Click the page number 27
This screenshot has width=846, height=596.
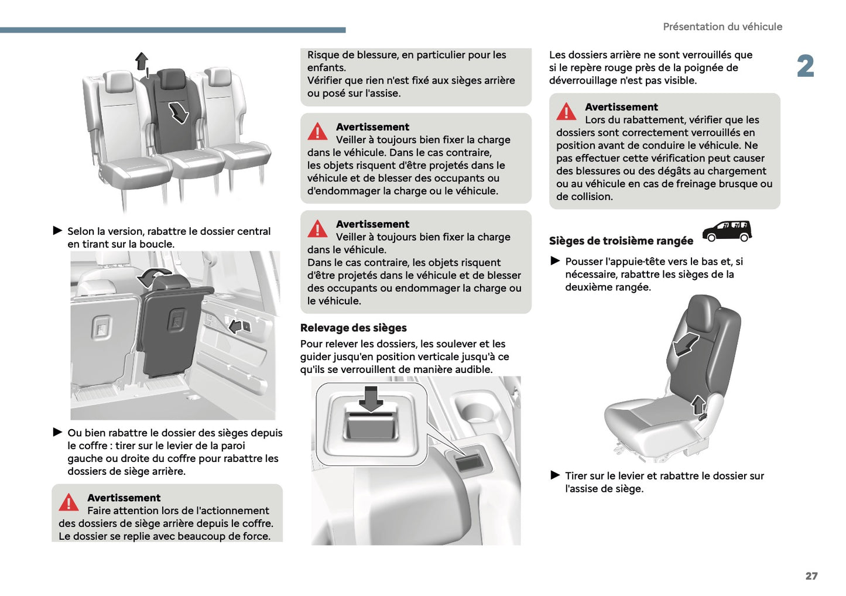[x=811, y=576]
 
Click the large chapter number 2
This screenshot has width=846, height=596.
[x=806, y=66]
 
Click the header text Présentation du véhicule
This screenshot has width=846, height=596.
[x=722, y=27]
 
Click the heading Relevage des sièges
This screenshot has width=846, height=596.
[x=353, y=328]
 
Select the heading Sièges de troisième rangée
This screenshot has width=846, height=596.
[x=621, y=241]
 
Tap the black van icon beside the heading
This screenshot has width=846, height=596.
[x=727, y=231]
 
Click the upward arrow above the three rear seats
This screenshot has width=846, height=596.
[x=141, y=60]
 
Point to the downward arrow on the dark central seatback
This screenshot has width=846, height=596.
[x=178, y=111]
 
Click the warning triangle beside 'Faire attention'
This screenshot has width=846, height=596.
[x=68, y=502]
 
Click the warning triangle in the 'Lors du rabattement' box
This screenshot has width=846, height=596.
[x=566, y=111]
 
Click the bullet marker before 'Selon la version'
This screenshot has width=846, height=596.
[x=57, y=231]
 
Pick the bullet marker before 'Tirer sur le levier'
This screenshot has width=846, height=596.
[x=555, y=475]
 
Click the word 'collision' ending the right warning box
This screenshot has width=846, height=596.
[x=590, y=197]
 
